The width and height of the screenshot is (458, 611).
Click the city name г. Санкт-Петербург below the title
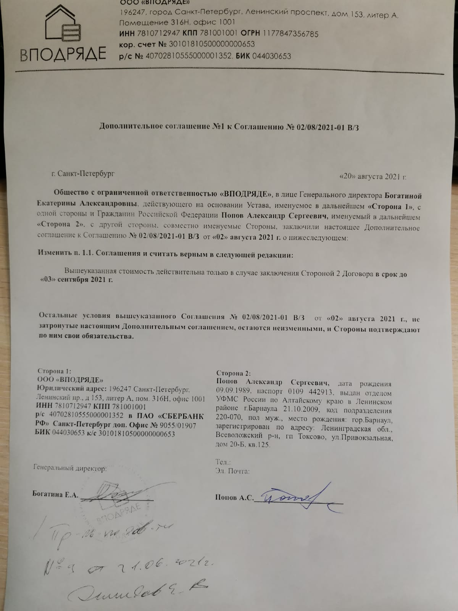click(83, 174)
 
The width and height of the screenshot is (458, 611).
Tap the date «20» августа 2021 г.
click(373, 176)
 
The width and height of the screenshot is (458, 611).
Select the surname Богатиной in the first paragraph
click(402, 196)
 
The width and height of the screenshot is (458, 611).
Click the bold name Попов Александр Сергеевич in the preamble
click(274, 216)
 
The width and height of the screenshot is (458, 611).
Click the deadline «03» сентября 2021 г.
click(77, 280)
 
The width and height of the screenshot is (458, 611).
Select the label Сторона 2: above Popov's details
click(233, 373)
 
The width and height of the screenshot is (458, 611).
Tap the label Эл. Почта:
click(232, 471)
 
